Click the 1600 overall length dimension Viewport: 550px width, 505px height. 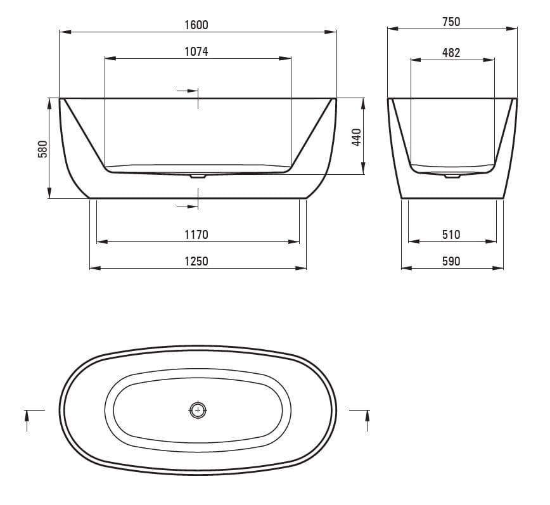[196, 25]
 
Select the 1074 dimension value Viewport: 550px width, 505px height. [196, 51]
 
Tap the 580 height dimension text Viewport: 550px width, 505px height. [42, 149]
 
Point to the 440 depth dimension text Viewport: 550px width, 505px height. [356, 137]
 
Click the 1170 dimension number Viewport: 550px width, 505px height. [196, 234]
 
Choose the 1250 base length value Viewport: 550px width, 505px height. [196, 261]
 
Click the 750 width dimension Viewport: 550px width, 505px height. [451, 22]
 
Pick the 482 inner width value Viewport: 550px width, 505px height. [451, 53]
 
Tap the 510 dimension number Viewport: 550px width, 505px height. [451, 234]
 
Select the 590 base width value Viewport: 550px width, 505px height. [451, 261]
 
